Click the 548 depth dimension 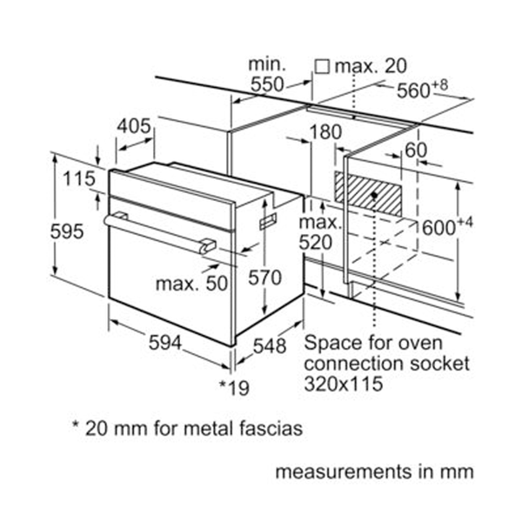pyautogui.click(x=269, y=345)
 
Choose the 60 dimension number pyautogui.click(x=417, y=150)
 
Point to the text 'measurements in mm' pyautogui.click(x=375, y=472)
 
